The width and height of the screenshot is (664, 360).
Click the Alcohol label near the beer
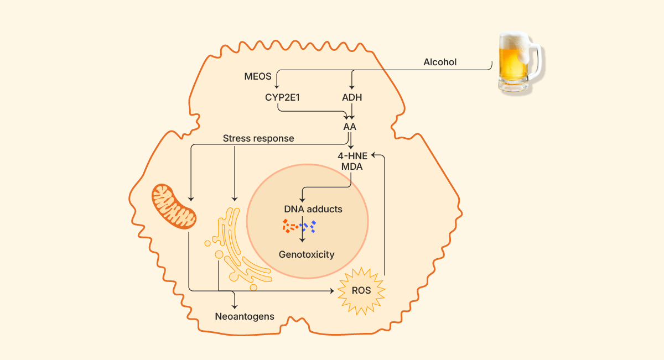pyautogui.click(x=440, y=62)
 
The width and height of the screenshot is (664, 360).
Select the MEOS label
pyautogui.click(x=258, y=76)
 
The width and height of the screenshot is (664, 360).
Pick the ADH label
pyautogui.click(x=352, y=97)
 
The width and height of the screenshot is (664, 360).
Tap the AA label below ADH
pyautogui.click(x=350, y=127)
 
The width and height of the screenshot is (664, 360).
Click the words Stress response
pyautogui.click(x=258, y=138)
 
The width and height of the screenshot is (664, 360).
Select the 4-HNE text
pyautogui.click(x=352, y=156)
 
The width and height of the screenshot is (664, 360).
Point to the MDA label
pyautogui.click(x=352, y=166)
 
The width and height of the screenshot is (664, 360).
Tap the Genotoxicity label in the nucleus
pyautogui.click(x=307, y=254)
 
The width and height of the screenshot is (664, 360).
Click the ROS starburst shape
pyautogui.click(x=361, y=290)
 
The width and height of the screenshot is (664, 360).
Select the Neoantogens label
pyautogui.click(x=244, y=317)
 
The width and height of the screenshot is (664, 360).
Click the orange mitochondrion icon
pyautogui.click(x=174, y=207)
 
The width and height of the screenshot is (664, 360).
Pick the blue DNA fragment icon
pyautogui.click(x=309, y=226)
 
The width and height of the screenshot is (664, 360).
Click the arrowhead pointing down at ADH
pyautogui.click(x=352, y=87)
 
